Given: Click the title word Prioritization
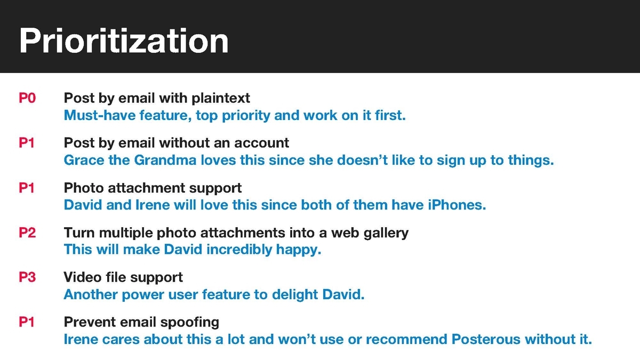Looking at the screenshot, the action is click(124, 41).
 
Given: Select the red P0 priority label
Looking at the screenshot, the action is click(27, 98).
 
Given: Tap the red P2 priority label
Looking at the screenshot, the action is click(27, 233).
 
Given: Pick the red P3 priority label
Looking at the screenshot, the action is click(27, 277).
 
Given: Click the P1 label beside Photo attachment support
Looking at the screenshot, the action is click(27, 188).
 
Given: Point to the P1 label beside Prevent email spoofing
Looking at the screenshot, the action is click(27, 322).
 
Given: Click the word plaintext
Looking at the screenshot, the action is click(221, 99).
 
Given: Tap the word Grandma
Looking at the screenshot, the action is click(165, 160).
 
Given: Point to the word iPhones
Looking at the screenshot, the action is click(457, 205).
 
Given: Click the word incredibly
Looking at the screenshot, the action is click(239, 250).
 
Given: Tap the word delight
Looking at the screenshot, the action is click(295, 295).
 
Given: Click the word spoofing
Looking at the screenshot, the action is click(190, 323).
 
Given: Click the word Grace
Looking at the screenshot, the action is click(84, 160).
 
